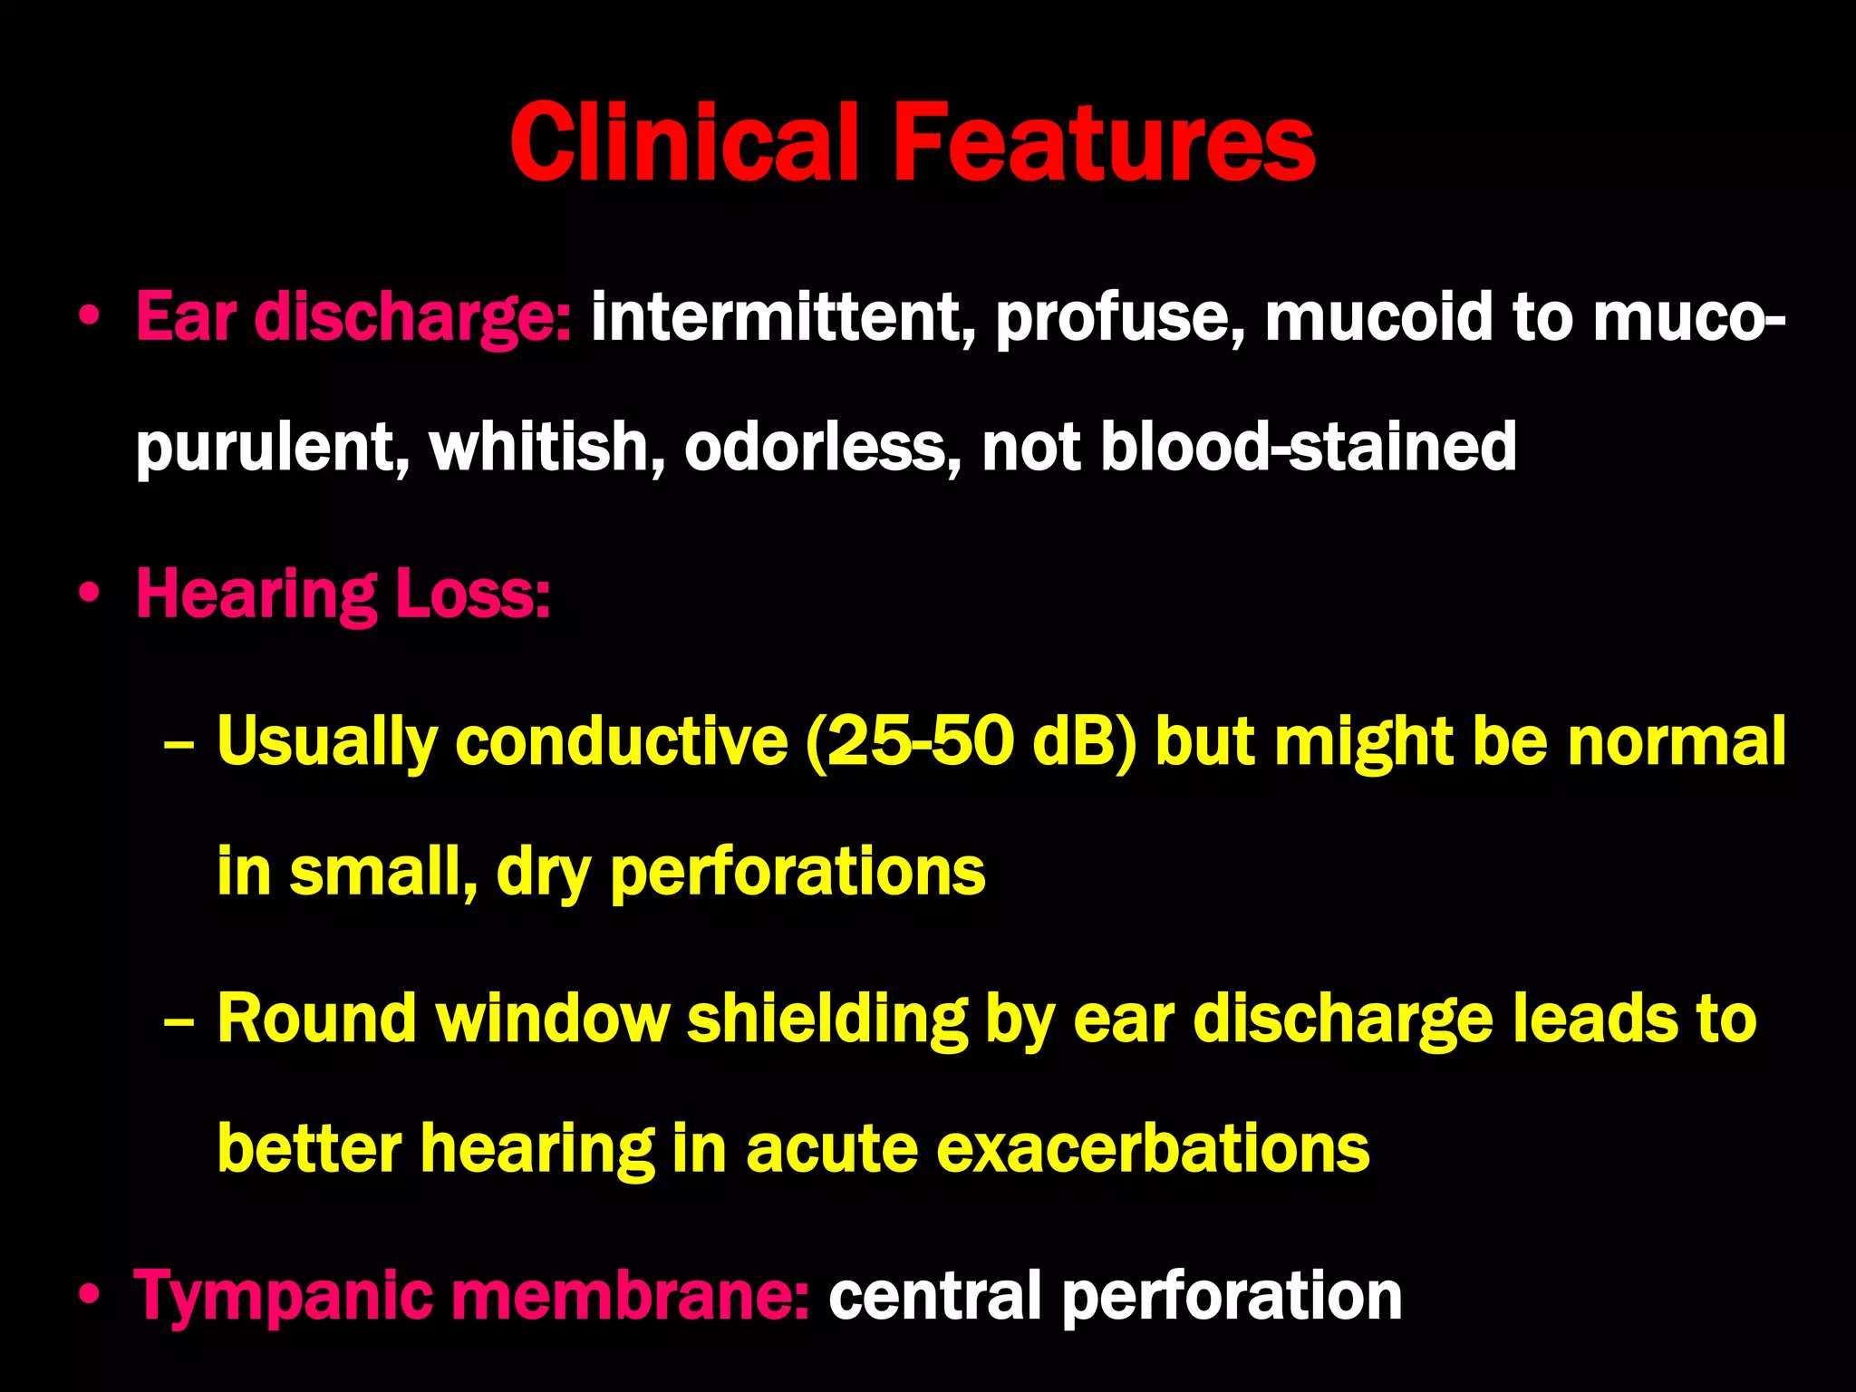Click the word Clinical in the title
click(684, 143)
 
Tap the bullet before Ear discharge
click(88, 318)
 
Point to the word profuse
click(1120, 319)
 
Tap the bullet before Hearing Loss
click(88, 595)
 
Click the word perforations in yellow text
click(797, 873)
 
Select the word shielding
click(826, 1020)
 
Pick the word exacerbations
click(1152, 1149)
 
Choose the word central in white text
click(933, 1297)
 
